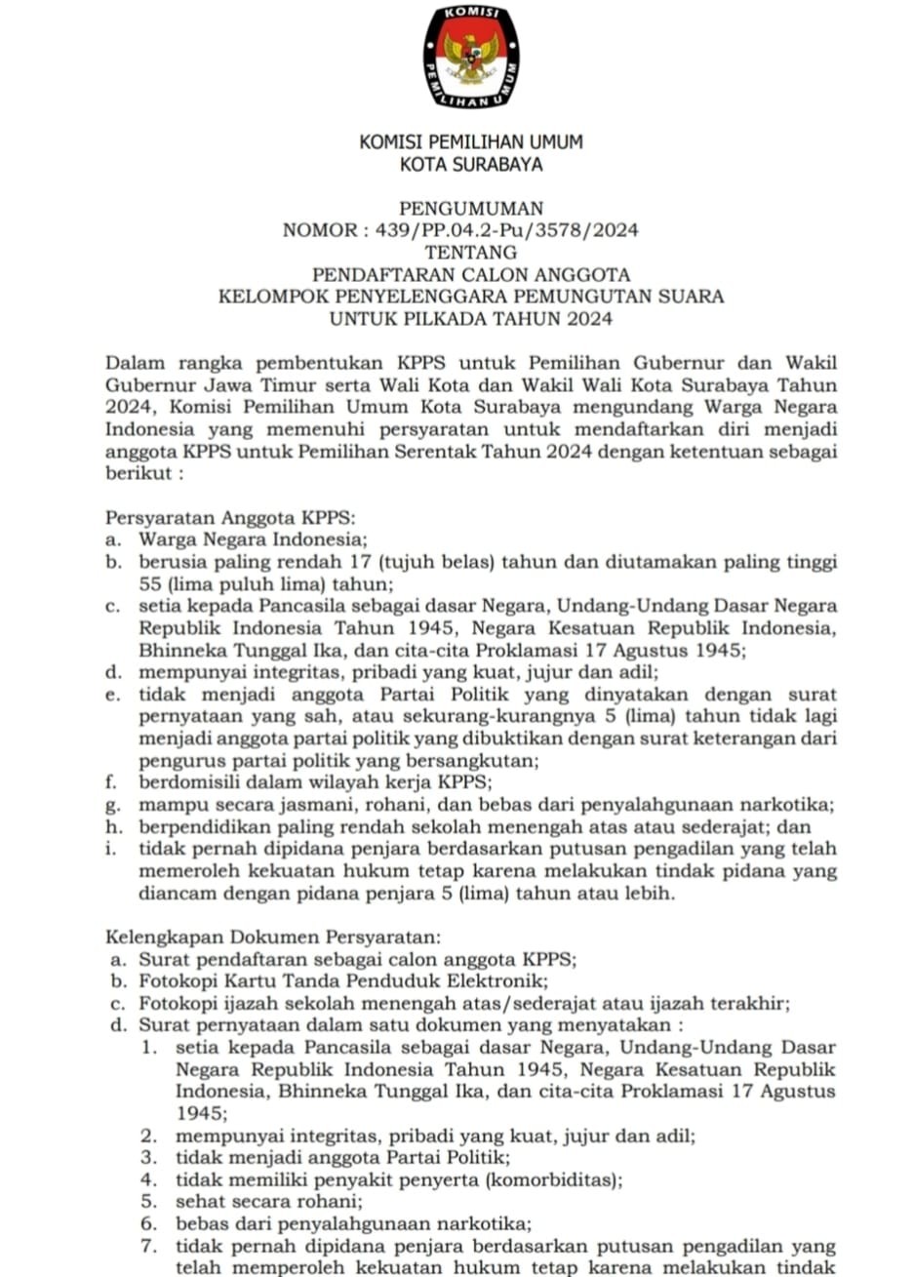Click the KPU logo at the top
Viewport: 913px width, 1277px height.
[471, 57]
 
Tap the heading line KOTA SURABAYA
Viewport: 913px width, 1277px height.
[471, 165]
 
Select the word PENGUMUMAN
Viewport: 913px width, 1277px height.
[471, 209]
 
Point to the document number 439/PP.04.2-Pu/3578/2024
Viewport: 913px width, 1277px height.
[500, 231]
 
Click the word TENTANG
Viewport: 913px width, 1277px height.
[471, 253]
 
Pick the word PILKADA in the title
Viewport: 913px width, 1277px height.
[438, 318]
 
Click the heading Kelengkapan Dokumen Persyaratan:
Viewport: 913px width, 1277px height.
[273, 938]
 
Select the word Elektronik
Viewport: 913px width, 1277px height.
[497, 980]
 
